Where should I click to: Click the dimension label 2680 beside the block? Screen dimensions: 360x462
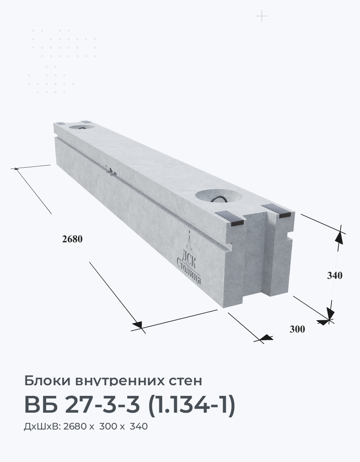coord(72,239)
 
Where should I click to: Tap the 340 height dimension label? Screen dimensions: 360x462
coord(335,276)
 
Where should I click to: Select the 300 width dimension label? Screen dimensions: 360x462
coord(297,329)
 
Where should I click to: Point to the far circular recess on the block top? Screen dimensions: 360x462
coord(82,128)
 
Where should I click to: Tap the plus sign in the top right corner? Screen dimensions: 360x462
coord(262,16)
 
